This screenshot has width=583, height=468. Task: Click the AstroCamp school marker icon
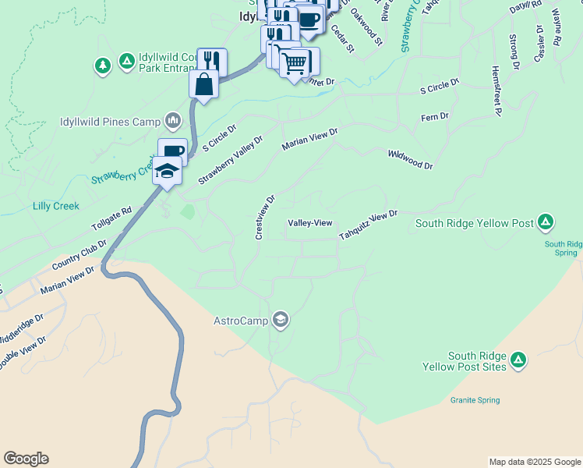coord(281,320)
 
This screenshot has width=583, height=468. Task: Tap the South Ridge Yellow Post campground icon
coord(546,223)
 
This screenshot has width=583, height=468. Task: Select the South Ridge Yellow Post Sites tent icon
coord(518,360)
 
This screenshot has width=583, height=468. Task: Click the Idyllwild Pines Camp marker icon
coord(173,121)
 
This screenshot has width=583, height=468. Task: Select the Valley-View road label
coord(310,224)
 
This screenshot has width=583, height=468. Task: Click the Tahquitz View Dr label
coord(368,225)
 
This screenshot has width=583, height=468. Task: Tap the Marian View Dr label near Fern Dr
coord(309,139)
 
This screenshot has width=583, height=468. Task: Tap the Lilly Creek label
coord(56,206)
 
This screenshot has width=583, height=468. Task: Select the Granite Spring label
coord(475,400)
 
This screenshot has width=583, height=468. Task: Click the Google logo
coord(26,459)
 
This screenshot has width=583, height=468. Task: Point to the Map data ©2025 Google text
coord(534,462)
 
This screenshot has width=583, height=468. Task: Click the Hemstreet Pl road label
coord(495,90)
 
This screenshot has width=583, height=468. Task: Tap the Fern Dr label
coord(434,117)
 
